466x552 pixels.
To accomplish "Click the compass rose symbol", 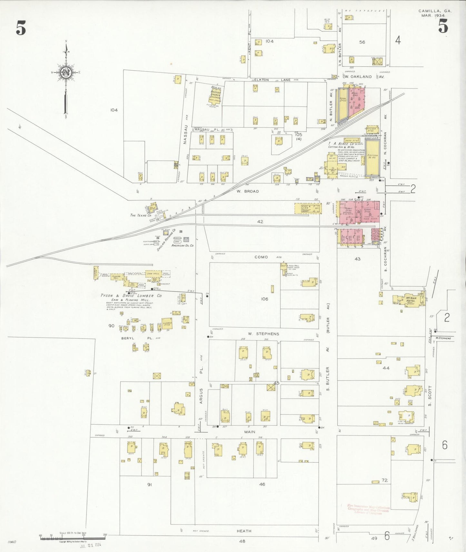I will [x=66, y=73].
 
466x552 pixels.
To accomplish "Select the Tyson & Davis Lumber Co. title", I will [x=131, y=296].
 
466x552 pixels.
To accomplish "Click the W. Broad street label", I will [x=247, y=191].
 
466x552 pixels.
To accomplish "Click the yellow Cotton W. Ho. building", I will [x=372, y=158].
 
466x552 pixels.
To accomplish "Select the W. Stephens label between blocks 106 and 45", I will [x=263, y=334].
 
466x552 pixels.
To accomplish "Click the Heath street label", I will [x=244, y=531].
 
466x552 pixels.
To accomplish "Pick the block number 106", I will [x=264, y=299].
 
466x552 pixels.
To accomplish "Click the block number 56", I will [x=362, y=42].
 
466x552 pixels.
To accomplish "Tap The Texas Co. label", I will [x=141, y=215].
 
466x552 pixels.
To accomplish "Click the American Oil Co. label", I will [x=183, y=245].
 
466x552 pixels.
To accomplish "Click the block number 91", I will [x=149, y=485].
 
